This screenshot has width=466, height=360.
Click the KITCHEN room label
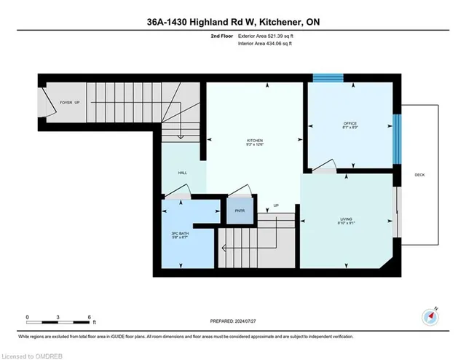[x=254, y=141]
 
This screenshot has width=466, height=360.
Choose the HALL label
[x=183, y=173]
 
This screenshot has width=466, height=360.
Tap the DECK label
[x=419, y=175]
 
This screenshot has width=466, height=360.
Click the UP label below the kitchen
[x=276, y=206]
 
